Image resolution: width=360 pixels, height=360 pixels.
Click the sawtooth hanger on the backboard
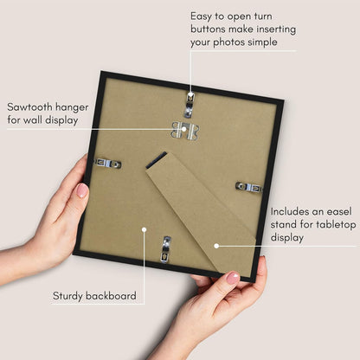point(185,131)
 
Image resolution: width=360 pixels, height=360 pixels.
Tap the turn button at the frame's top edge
point(190,105)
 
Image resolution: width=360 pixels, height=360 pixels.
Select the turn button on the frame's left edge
point(108,164)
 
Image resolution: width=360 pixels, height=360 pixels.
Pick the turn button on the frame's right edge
point(249,187)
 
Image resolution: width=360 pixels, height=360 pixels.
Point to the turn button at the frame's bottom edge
point(166,249)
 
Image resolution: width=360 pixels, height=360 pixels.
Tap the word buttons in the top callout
point(208,29)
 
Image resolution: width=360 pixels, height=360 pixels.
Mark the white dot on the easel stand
point(216,246)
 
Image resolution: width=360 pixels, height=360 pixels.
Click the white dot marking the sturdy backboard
point(144,229)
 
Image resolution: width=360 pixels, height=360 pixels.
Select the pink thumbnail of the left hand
point(82,190)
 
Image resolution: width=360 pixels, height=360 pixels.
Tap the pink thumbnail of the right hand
point(233,278)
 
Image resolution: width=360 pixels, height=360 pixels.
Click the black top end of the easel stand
point(156,160)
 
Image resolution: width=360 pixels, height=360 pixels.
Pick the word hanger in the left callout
point(72,107)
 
